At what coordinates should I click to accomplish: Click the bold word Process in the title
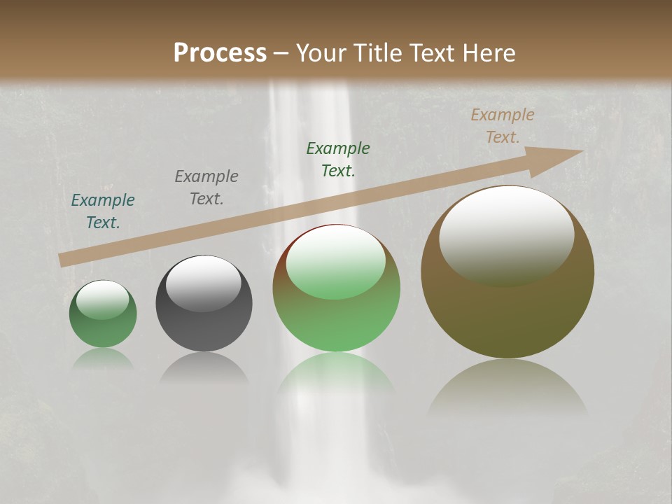[x=220, y=53]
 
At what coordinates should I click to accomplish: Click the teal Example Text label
[x=103, y=211]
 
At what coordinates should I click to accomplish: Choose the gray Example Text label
[x=206, y=188]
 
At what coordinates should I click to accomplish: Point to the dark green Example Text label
[x=338, y=160]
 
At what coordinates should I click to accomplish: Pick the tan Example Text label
[x=502, y=126]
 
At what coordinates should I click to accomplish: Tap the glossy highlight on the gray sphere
[x=203, y=282]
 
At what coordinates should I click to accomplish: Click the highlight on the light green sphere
[x=336, y=262]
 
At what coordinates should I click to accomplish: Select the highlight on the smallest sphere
[x=102, y=299]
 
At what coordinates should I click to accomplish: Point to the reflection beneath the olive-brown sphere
[x=507, y=388]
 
